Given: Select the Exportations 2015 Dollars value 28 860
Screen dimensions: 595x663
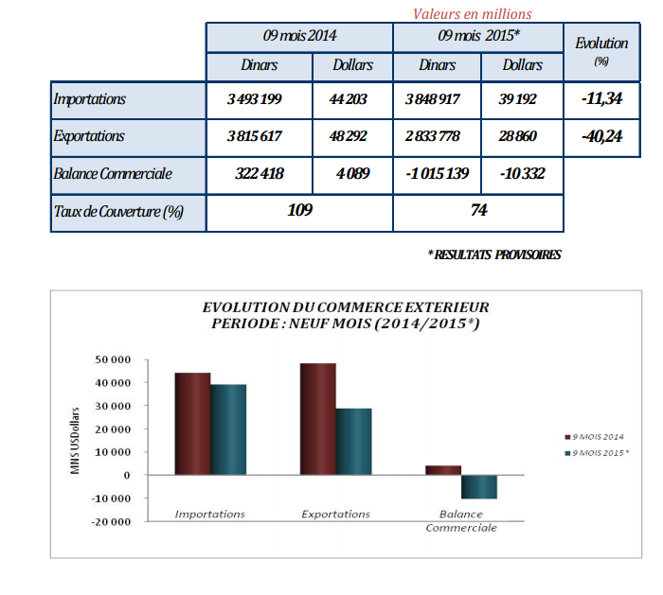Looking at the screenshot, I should (x=517, y=136).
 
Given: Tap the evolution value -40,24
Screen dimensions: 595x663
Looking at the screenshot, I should (x=603, y=136).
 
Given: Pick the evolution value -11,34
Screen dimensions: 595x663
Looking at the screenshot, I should (x=603, y=99).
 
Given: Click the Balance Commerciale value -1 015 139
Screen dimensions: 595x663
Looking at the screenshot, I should (x=437, y=173).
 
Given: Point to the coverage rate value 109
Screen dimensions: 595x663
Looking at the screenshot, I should (x=299, y=210).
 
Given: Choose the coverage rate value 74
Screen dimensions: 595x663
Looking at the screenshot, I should (x=478, y=210).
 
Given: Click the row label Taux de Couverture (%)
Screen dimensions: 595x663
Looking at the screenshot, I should (x=118, y=211).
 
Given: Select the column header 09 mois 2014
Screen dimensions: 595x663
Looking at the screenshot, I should (x=299, y=37).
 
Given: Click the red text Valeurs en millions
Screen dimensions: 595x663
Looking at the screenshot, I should (x=473, y=13).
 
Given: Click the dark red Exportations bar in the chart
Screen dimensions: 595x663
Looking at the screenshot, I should (x=318, y=418).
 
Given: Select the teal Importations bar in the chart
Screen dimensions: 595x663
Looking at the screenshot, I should (x=227, y=429).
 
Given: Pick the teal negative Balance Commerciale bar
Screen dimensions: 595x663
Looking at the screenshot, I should (x=478, y=486).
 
